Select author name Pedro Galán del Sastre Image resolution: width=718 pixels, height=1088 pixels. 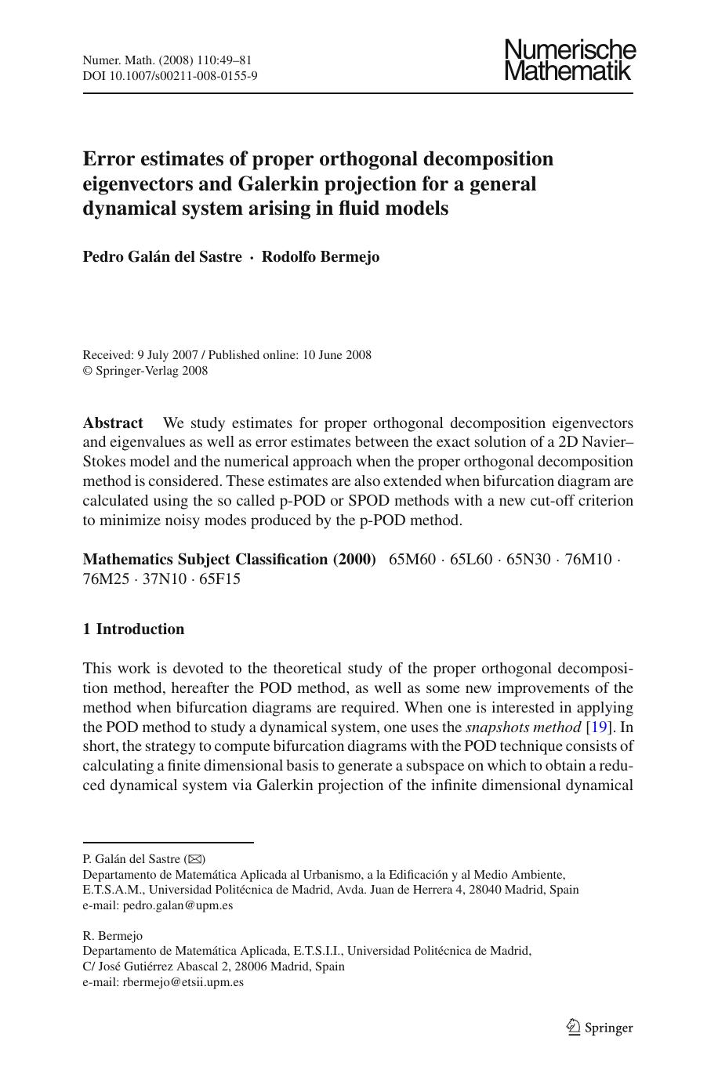162,257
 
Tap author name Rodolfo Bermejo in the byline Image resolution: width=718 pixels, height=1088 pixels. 320,257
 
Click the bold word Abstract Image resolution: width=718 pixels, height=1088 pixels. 113,423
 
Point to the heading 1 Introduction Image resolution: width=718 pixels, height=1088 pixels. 134,629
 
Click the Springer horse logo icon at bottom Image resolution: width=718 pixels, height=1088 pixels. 573,1027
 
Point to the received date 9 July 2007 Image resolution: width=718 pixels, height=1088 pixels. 165,355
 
